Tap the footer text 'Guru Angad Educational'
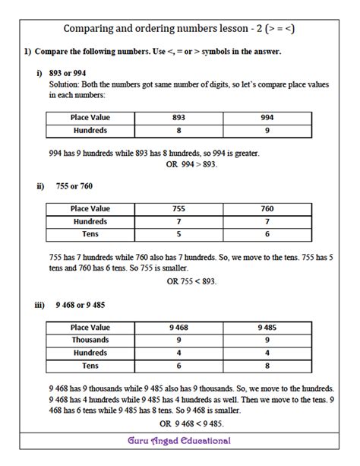pos(179,441)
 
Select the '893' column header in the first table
pos(178,118)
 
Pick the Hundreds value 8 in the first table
pos(178,131)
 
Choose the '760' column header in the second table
pos(267,208)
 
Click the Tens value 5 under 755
pos(178,233)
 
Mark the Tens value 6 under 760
pos(267,233)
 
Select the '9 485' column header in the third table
pos(267,328)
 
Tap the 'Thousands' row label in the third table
pos(90,340)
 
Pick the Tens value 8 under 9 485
pos(267,366)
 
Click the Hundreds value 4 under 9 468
pos(178,353)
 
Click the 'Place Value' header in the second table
pos(90,208)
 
